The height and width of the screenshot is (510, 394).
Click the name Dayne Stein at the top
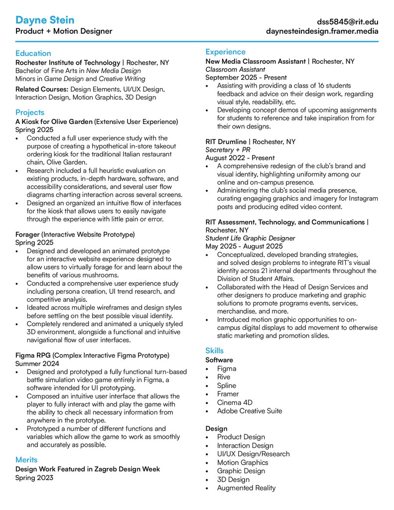coord(45,20)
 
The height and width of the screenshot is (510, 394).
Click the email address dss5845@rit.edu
coord(348,22)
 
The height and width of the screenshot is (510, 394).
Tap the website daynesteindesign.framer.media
coord(322,31)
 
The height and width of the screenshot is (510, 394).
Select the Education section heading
coord(33,53)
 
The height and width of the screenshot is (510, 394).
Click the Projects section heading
coord(29,113)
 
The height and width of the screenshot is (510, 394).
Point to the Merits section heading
coord(26,460)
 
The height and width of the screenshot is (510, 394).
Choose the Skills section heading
coord(214,351)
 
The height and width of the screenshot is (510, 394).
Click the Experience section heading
coord(225,52)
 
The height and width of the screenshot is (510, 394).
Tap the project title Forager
coord(27,234)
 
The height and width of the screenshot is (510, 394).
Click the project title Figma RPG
coord(33,356)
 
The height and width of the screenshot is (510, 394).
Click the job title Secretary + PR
coord(228,150)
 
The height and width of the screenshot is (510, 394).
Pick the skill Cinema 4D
coord(235,402)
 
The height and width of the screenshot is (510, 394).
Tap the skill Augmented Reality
coord(246,488)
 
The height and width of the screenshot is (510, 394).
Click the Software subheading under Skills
coord(219,360)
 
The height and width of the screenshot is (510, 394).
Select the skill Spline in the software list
coord(227,385)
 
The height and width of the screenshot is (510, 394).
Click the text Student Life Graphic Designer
coord(251,239)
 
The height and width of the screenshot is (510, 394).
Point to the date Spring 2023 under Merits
coord(34,478)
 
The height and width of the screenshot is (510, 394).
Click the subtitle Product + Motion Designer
coord(64,31)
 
